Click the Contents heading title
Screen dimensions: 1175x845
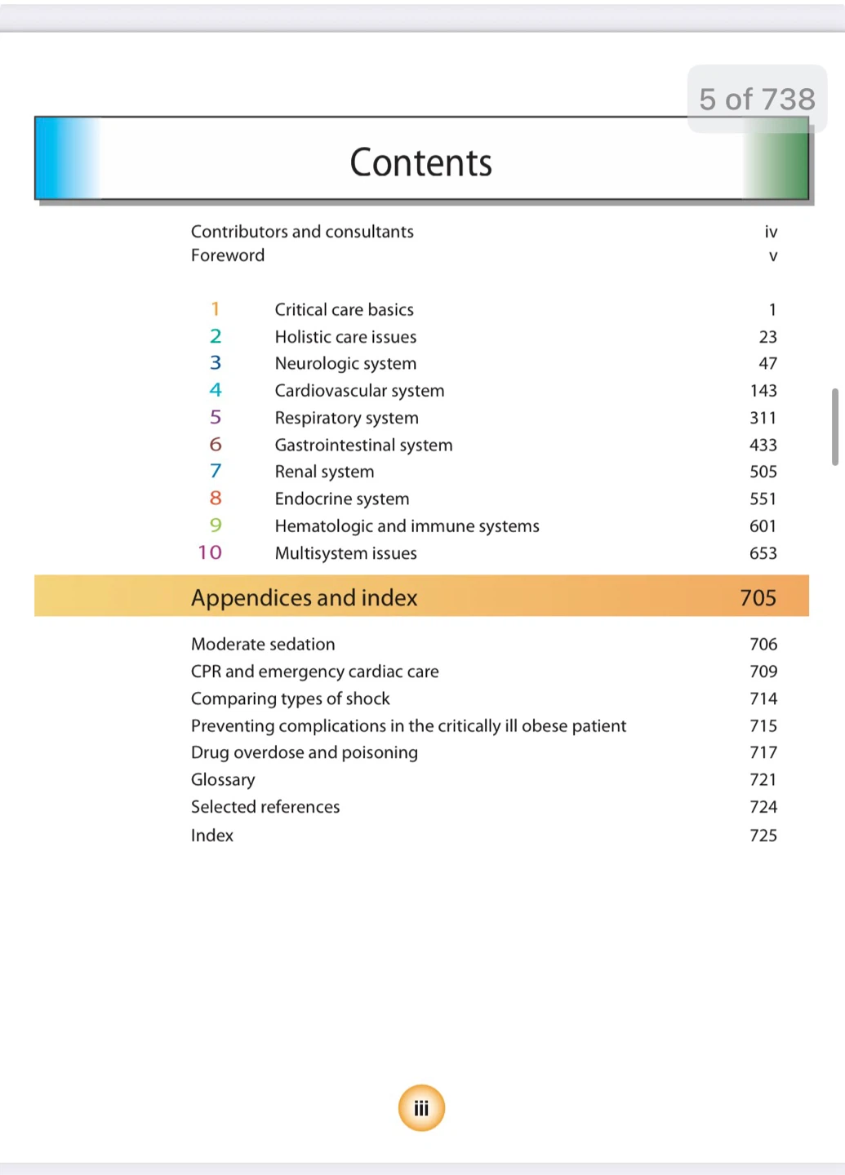coord(420,162)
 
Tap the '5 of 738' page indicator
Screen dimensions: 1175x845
coord(757,99)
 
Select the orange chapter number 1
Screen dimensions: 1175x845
coord(215,309)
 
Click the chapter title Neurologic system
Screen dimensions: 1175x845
coord(345,363)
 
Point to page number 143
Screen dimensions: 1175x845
coord(763,391)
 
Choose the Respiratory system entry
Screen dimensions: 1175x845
coord(346,418)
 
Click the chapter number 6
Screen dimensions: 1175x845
coord(216,445)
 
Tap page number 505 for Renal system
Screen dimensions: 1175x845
coord(763,472)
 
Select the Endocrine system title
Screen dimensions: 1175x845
coord(342,499)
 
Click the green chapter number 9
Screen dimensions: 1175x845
coord(216,525)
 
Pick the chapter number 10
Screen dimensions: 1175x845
coord(210,552)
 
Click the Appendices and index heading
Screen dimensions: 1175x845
coord(304,598)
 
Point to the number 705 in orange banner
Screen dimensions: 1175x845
coord(758,598)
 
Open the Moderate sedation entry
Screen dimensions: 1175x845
coord(263,644)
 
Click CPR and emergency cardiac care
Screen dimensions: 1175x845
coord(314,672)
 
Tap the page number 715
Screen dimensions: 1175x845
coord(763,725)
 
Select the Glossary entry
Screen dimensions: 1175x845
coord(223,780)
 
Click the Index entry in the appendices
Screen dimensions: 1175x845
coord(212,835)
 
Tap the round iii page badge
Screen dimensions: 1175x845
coord(421,1108)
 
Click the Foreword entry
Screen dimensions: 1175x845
coord(228,255)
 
